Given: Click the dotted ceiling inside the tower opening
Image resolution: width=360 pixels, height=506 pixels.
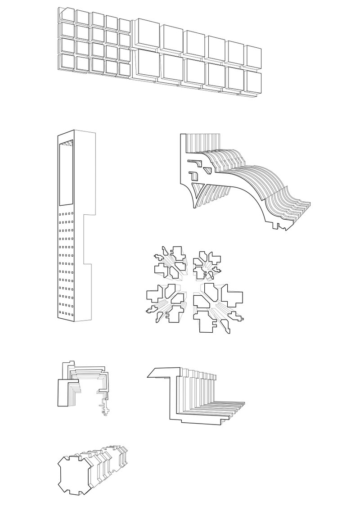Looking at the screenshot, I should (67, 143).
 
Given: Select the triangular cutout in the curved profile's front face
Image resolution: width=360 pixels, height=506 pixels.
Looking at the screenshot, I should (196, 187).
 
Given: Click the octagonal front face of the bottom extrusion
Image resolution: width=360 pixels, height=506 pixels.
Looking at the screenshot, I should (74, 473).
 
